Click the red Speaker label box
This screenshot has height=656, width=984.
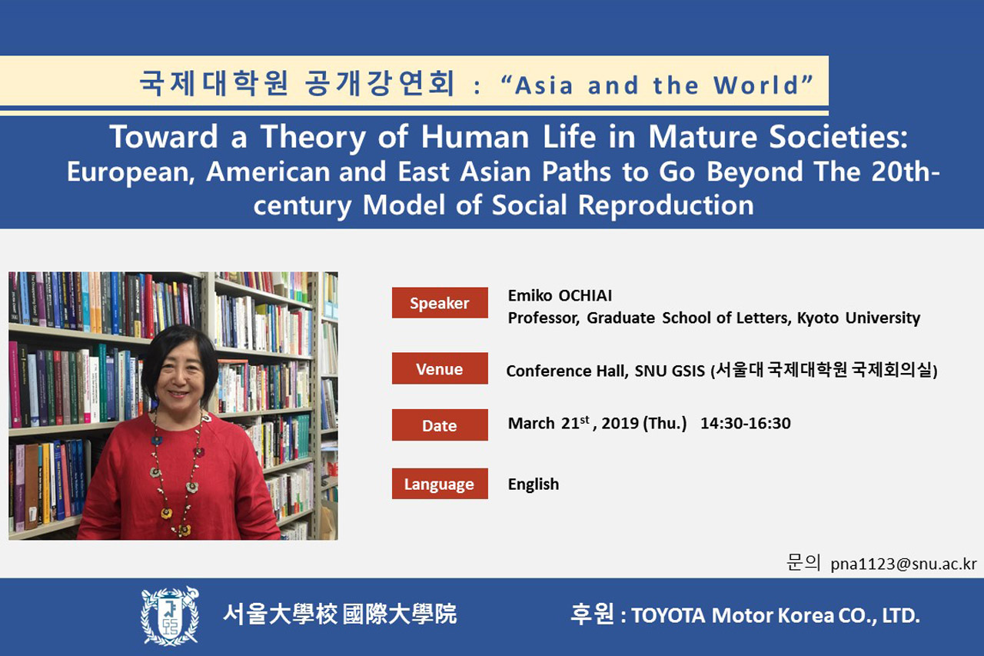click(x=440, y=303)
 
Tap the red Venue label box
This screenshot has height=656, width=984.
click(x=440, y=368)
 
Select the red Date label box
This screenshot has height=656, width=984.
click(x=440, y=425)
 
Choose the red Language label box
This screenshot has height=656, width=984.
click(x=440, y=484)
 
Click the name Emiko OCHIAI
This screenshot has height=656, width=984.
click(x=560, y=296)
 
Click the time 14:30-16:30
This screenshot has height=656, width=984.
click(x=746, y=423)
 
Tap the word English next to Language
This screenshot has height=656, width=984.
click(x=534, y=485)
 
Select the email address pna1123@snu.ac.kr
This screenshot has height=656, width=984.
click(x=903, y=564)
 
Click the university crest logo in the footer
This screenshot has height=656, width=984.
click(x=170, y=616)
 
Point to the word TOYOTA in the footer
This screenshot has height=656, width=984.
click(x=668, y=615)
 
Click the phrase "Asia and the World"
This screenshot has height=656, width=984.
click(x=657, y=85)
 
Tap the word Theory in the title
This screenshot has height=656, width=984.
click(x=313, y=138)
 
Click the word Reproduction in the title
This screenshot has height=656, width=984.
click(x=666, y=205)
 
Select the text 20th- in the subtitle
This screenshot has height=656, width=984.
click(x=906, y=171)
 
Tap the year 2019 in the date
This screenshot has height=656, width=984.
click(x=620, y=423)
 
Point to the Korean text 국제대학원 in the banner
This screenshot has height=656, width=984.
click(x=214, y=83)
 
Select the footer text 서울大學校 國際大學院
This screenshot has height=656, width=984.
click(x=340, y=614)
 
